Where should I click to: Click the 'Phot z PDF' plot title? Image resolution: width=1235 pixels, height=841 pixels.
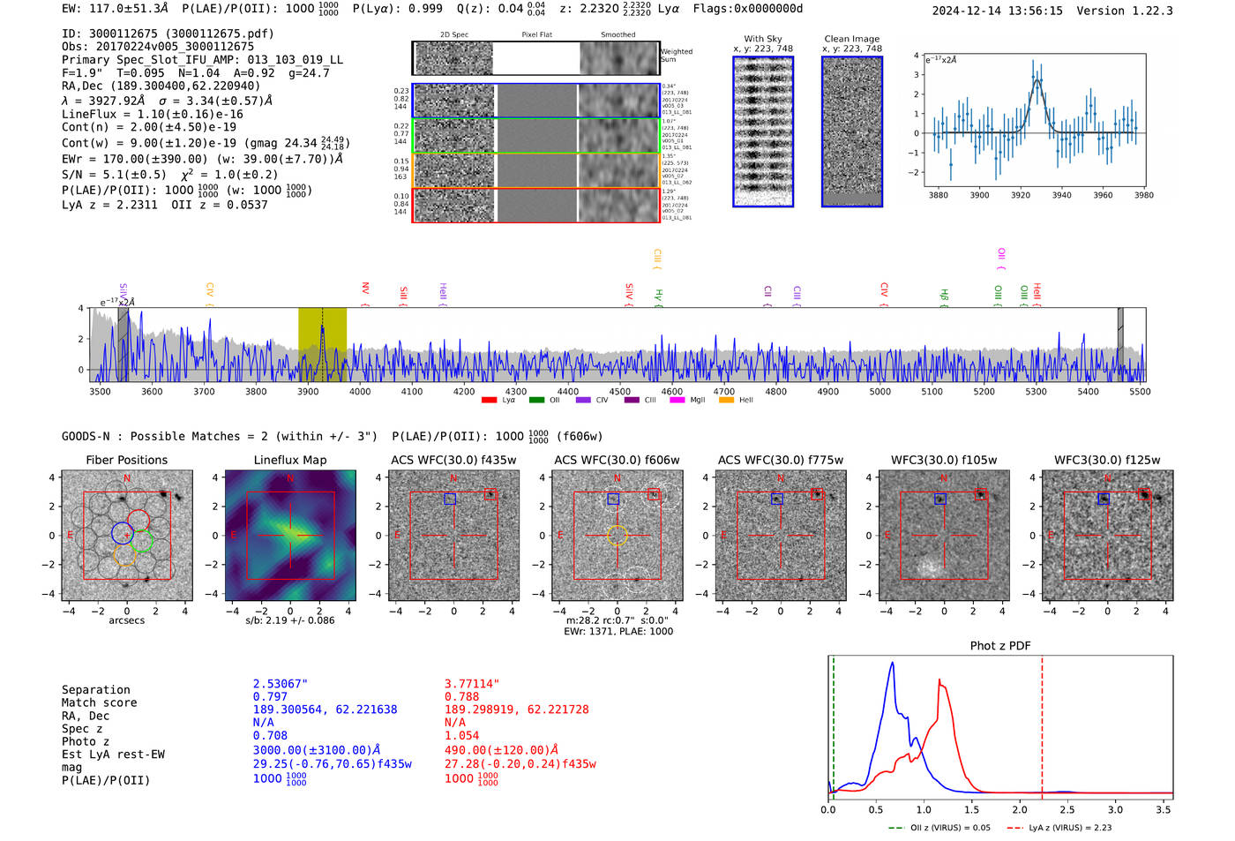click(x=1000, y=646)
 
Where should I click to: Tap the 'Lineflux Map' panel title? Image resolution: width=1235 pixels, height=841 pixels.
click(x=290, y=460)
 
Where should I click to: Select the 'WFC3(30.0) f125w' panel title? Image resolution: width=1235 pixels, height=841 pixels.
click(x=1107, y=460)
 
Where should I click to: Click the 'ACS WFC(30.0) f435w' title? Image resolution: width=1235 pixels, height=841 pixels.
click(x=453, y=460)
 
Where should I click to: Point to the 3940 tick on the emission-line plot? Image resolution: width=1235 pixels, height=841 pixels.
click(x=1061, y=195)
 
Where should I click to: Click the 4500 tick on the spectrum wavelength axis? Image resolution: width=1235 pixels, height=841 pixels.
click(x=620, y=391)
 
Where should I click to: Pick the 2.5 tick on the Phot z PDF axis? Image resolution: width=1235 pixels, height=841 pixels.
click(x=1067, y=809)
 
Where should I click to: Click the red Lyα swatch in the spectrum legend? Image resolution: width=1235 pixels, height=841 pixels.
click(x=490, y=401)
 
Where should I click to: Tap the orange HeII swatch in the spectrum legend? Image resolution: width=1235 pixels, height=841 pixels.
click(x=727, y=401)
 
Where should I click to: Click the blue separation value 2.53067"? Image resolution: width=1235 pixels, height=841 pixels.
click(x=281, y=684)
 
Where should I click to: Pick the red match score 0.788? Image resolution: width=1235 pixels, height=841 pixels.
click(x=462, y=697)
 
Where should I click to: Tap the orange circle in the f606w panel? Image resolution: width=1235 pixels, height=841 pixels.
click(x=617, y=535)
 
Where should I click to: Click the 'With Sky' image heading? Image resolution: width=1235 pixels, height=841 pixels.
click(x=763, y=39)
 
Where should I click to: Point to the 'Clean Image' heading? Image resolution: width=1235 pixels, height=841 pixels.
click(x=851, y=39)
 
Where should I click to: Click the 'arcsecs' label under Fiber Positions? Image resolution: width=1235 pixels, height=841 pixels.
click(x=126, y=620)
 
